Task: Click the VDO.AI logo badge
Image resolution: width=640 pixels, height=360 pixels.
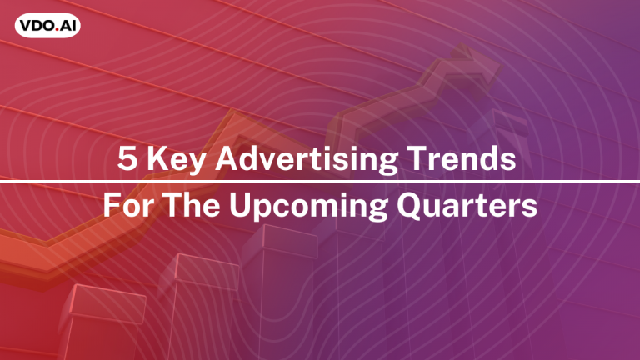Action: (x=47, y=26)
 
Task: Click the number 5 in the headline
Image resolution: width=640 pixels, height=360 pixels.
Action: (x=127, y=158)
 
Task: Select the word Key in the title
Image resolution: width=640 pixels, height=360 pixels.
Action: (x=176, y=160)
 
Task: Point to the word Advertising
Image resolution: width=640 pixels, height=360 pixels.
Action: (x=307, y=160)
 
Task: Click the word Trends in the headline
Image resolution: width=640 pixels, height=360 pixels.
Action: (x=462, y=158)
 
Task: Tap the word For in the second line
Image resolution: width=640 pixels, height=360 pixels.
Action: (x=129, y=205)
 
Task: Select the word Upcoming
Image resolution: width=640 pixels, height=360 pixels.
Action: (x=309, y=207)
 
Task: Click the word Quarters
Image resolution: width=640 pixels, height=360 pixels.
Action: (x=467, y=205)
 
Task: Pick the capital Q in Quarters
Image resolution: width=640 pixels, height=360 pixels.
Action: (x=409, y=205)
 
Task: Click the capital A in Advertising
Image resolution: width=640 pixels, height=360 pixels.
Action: (x=227, y=158)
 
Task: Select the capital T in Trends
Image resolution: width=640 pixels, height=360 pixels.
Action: (x=417, y=158)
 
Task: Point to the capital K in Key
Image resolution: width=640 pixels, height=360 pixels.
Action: (x=157, y=158)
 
